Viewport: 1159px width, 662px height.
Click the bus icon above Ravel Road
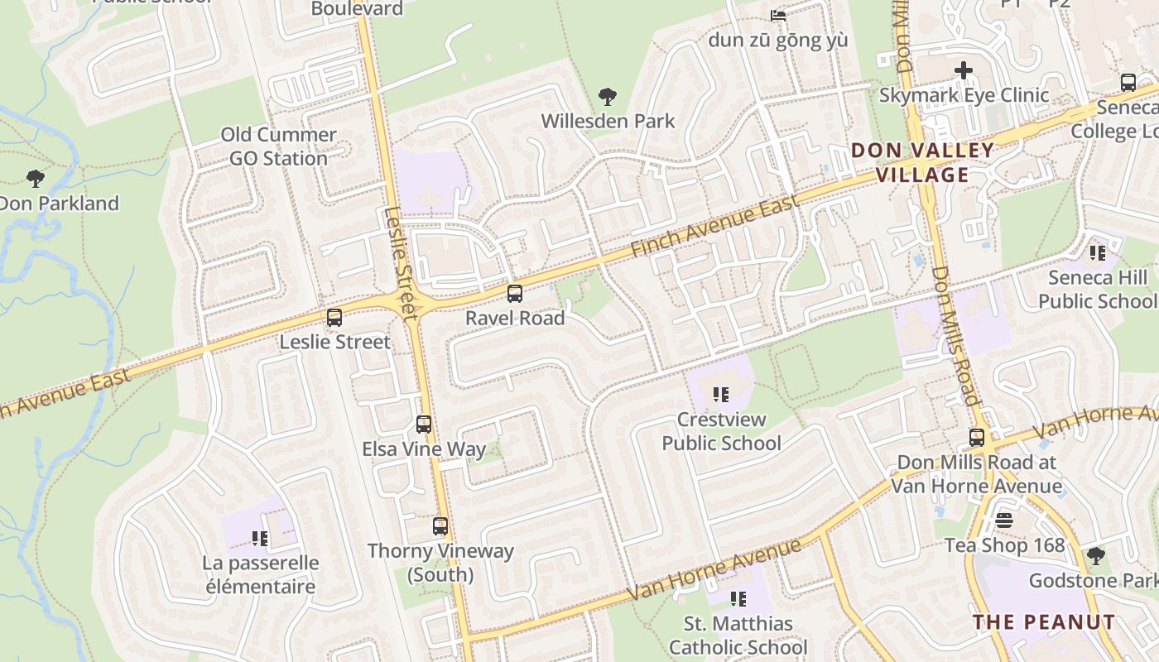[x=515, y=293]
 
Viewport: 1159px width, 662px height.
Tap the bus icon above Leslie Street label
[x=334, y=317]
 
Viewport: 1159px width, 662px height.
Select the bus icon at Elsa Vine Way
[x=424, y=425]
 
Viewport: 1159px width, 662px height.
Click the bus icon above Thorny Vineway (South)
[x=440, y=526]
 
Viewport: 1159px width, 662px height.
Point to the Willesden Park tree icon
[x=608, y=97]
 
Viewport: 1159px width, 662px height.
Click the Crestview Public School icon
[x=721, y=395]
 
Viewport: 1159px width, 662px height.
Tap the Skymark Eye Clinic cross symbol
[x=964, y=70]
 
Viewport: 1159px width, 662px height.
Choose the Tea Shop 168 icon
[x=1004, y=520]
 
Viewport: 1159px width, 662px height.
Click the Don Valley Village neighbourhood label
[x=922, y=162]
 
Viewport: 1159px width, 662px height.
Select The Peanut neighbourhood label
[x=1044, y=621]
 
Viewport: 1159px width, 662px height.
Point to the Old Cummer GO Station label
[x=278, y=146]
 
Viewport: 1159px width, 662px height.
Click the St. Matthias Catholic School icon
[x=738, y=598]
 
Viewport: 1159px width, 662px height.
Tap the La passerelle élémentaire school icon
[x=260, y=539]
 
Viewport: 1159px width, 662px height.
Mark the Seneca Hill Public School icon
[x=1098, y=252]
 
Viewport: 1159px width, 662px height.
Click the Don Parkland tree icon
[x=35, y=178]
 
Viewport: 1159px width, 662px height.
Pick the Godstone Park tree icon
[x=1096, y=555]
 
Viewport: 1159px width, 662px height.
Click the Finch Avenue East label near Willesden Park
[x=714, y=225]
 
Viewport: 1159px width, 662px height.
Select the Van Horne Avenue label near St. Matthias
[x=714, y=570]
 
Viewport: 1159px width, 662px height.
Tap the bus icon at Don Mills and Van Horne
[x=978, y=438]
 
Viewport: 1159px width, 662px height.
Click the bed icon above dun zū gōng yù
[x=777, y=15]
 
